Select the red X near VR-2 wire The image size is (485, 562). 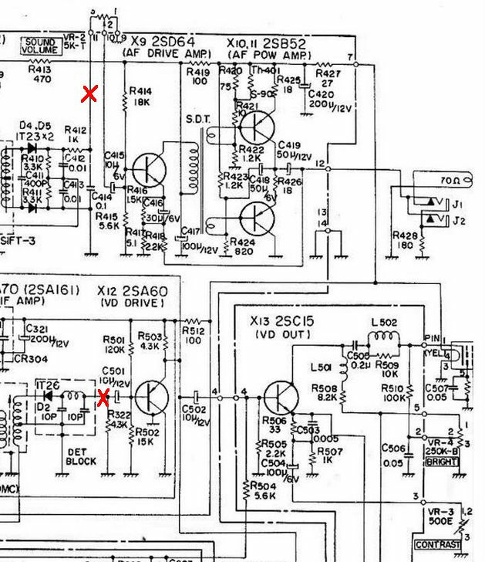click(89, 94)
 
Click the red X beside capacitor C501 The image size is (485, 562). click(103, 398)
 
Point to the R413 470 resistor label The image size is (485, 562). click(39, 73)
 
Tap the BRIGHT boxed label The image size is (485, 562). click(442, 462)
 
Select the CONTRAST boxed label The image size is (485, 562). click(440, 545)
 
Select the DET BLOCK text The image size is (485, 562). click(80, 455)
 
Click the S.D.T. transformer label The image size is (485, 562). click(196, 120)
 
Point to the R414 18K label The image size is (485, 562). click(140, 96)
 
